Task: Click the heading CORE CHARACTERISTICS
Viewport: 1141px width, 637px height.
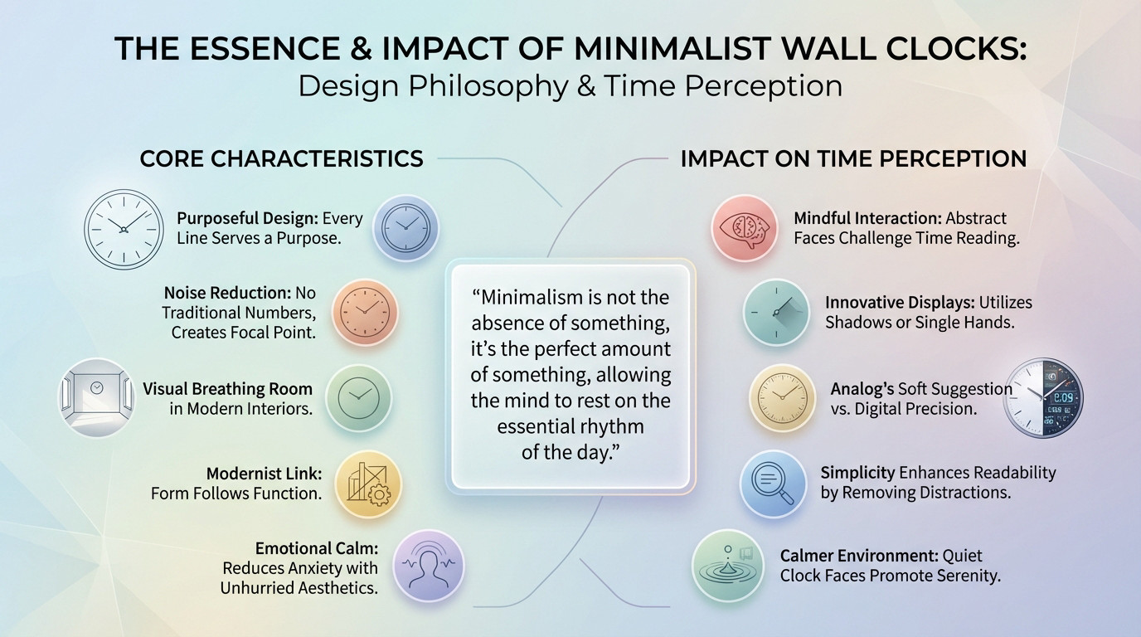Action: [281, 158]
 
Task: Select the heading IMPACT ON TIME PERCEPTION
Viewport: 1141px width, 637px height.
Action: [853, 158]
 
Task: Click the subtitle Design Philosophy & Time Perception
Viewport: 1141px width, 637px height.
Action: [570, 85]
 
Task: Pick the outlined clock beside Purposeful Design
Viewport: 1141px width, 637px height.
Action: [124, 229]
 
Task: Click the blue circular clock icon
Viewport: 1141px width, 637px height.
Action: [405, 227]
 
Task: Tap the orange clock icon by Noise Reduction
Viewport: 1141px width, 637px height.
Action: [365, 312]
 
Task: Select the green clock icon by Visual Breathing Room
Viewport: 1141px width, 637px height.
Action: [358, 398]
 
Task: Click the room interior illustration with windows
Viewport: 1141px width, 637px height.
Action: [96, 397]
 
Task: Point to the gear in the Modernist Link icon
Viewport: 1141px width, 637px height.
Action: [380, 495]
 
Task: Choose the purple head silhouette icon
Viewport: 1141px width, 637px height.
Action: [429, 566]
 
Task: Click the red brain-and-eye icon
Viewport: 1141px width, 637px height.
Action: [744, 228]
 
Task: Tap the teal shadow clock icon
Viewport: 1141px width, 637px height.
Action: [776, 312]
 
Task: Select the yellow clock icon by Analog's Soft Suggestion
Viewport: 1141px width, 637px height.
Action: [782, 397]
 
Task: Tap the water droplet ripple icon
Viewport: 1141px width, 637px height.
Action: [728, 566]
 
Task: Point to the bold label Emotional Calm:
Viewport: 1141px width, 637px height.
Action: [317, 548]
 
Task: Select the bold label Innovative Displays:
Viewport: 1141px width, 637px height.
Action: [900, 303]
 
